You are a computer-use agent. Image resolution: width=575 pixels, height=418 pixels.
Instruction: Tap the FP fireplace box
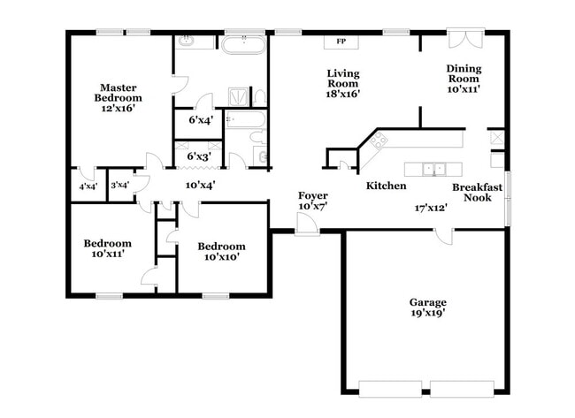[341, 41]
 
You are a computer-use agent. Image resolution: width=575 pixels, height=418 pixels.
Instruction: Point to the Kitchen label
[387, 186]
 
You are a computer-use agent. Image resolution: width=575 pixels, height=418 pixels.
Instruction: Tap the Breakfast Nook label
[478, 194]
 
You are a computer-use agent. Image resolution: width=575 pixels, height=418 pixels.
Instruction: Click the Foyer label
[313, 195]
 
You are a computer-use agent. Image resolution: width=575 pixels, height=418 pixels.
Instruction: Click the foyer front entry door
[307, 226]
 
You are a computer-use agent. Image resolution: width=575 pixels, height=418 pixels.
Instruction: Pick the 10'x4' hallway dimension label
[200, 185]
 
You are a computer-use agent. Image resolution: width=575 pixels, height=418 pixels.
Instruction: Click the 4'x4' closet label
[88, 186]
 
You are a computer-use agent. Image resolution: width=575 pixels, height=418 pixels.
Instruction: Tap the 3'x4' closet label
[119, 185]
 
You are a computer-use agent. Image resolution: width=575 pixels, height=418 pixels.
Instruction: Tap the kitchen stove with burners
[380, 140]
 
